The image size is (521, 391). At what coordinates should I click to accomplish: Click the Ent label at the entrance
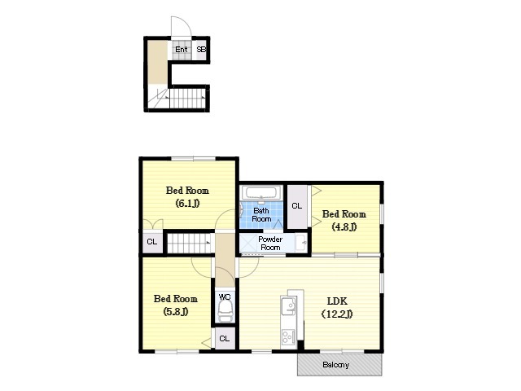point(182,50)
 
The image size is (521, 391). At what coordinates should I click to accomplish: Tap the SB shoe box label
point(201,50)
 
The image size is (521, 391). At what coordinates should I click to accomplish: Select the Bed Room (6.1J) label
point(187,196)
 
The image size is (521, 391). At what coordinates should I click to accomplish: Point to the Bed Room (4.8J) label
point(344,220)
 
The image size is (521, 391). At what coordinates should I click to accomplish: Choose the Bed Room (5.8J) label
point(176,305)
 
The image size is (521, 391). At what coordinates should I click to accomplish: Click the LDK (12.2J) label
point(337,307)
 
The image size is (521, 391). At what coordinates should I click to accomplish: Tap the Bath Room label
point(261,215)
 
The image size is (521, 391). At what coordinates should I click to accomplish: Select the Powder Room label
point(270,244)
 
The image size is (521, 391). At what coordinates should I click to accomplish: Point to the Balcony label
point(335,365)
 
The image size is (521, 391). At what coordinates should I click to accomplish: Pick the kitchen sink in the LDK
point(288,306)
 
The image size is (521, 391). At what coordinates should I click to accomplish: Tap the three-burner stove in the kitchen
point(288,336)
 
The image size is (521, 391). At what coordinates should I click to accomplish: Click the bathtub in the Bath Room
point(261,193)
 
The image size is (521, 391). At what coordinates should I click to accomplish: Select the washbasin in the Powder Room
point(301,243)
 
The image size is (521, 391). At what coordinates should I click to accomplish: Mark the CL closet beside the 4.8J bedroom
point(297,206)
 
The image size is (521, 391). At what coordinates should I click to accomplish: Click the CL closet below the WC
point(225,338)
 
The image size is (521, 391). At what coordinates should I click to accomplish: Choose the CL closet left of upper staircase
point(152,242)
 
